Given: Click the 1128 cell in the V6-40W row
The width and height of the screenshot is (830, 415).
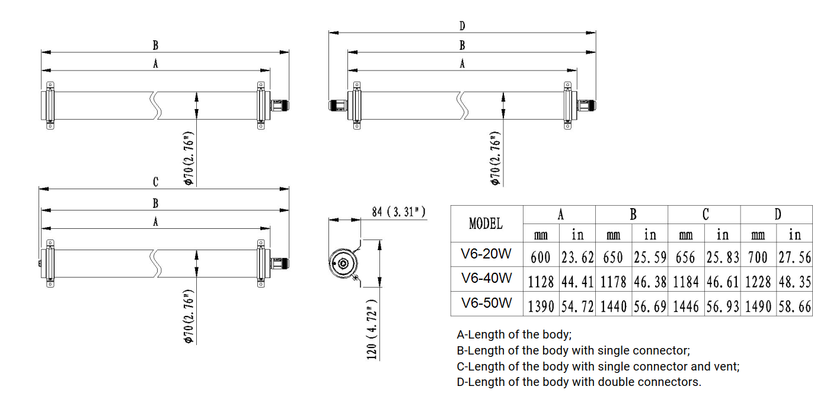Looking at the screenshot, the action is (541, 282).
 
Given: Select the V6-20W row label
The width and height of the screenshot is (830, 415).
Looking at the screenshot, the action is (486, 254).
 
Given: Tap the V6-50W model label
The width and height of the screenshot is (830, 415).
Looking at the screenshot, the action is (487, 303).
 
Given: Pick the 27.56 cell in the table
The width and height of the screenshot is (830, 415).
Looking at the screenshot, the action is (795, 257).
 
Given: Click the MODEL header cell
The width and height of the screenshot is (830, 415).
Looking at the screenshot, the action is (486, 224).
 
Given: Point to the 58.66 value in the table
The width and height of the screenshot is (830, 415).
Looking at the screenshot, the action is (795, 307).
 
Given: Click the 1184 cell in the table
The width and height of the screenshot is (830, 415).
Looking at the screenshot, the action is (685, 282).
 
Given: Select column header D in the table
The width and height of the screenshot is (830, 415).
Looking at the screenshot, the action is (778, 214).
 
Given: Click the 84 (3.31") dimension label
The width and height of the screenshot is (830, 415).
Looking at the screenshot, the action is (398, 212).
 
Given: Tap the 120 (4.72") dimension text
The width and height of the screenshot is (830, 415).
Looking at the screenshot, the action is (372, 330).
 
